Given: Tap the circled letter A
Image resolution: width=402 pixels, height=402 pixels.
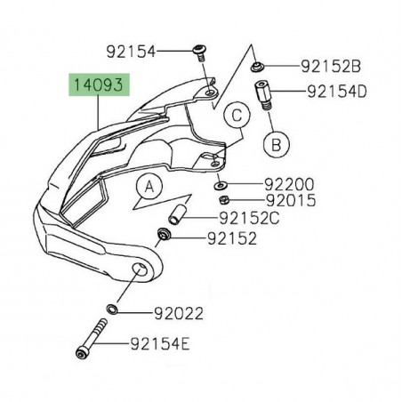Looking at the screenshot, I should click(x=149, y=186).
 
